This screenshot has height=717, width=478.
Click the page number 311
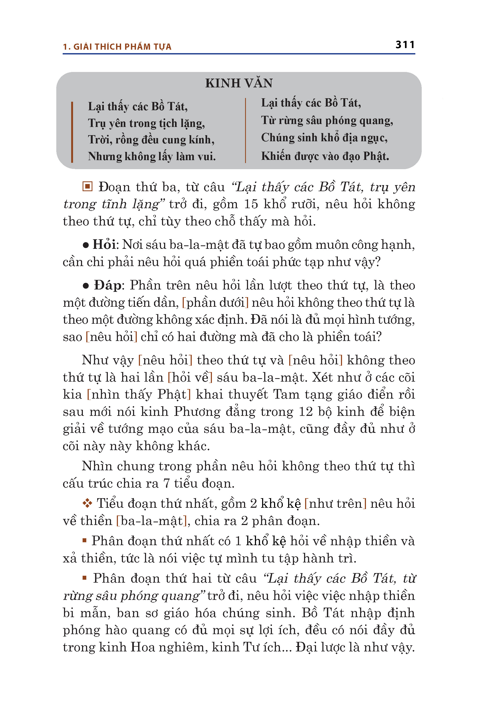(x=405, y=45)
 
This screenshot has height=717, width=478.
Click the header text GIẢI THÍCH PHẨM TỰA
(x=122, y=47)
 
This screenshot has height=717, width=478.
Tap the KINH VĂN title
(x=239, y=83)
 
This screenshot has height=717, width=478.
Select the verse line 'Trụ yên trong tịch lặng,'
(x=146, y=123)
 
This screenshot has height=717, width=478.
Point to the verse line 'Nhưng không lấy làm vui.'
(x=152, y=156)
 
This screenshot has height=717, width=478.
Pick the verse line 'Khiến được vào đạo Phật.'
(x=325, y=156)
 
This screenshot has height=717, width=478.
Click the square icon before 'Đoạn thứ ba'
(x=87, y=186)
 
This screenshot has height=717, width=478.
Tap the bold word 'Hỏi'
(x=104, y=245)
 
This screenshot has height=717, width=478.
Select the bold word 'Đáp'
(x=107, y=285)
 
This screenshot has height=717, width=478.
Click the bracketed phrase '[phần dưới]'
(x=215, y=302)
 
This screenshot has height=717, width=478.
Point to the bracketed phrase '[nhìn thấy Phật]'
(x=139, y=394)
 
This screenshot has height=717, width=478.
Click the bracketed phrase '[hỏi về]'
(x=190, y=377)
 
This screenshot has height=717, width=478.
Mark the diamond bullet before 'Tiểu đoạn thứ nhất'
(x=87, y=503)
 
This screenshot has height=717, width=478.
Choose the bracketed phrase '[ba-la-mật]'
(x=151, y=521)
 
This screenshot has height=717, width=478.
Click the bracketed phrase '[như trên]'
(x=335, y=503)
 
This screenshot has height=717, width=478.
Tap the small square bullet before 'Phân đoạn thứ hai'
(x=85, y=578)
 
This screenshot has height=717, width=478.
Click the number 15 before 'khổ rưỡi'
(x=251, y=204)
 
